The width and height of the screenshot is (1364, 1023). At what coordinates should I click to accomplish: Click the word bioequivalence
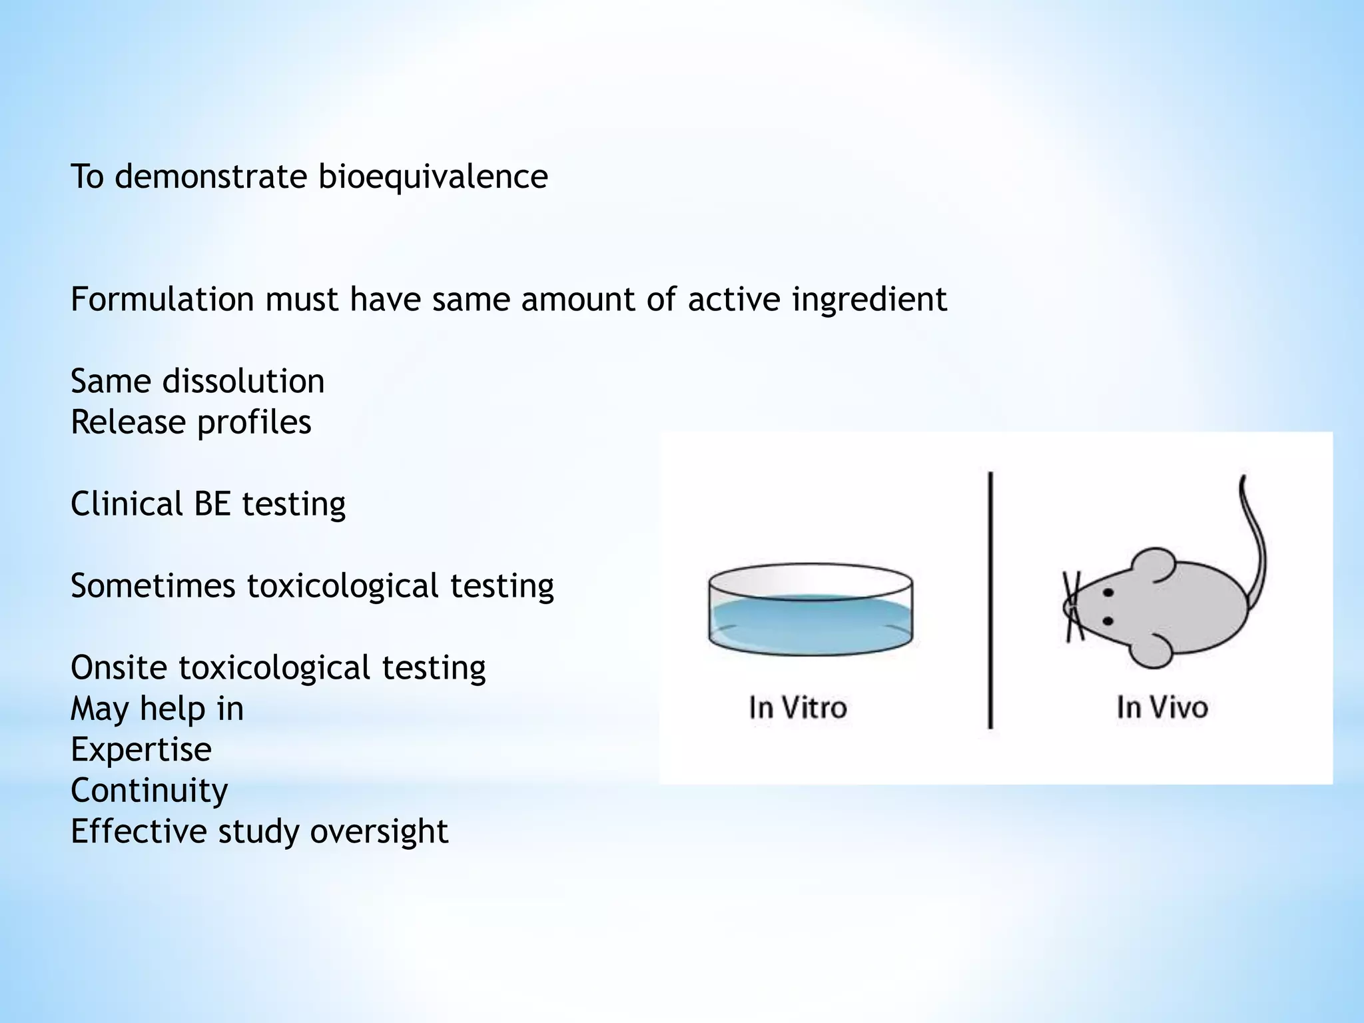[432, 177]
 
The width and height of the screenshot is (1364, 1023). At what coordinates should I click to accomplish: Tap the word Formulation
[163, 299]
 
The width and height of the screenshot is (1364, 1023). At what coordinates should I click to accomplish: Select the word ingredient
[868, 299]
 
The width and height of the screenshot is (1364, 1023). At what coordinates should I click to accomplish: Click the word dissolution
[243, 382]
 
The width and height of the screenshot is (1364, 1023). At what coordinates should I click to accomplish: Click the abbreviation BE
[211, 504]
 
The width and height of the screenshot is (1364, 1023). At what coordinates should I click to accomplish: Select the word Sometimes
[153, 586]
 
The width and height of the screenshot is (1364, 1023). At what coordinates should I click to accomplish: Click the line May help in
[157, 709]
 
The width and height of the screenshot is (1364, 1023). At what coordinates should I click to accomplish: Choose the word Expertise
[141, 750]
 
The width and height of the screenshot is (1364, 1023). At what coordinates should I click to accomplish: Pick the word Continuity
[149, 791]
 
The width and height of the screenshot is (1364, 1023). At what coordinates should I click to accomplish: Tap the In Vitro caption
[797, 707]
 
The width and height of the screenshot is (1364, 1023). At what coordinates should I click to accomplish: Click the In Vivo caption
[1162, 707]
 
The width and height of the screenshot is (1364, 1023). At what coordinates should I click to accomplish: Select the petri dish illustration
[810, 609]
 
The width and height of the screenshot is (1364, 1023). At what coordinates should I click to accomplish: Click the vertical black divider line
[990, 599]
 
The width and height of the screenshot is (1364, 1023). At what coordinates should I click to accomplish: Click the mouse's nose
[1068, 607]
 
